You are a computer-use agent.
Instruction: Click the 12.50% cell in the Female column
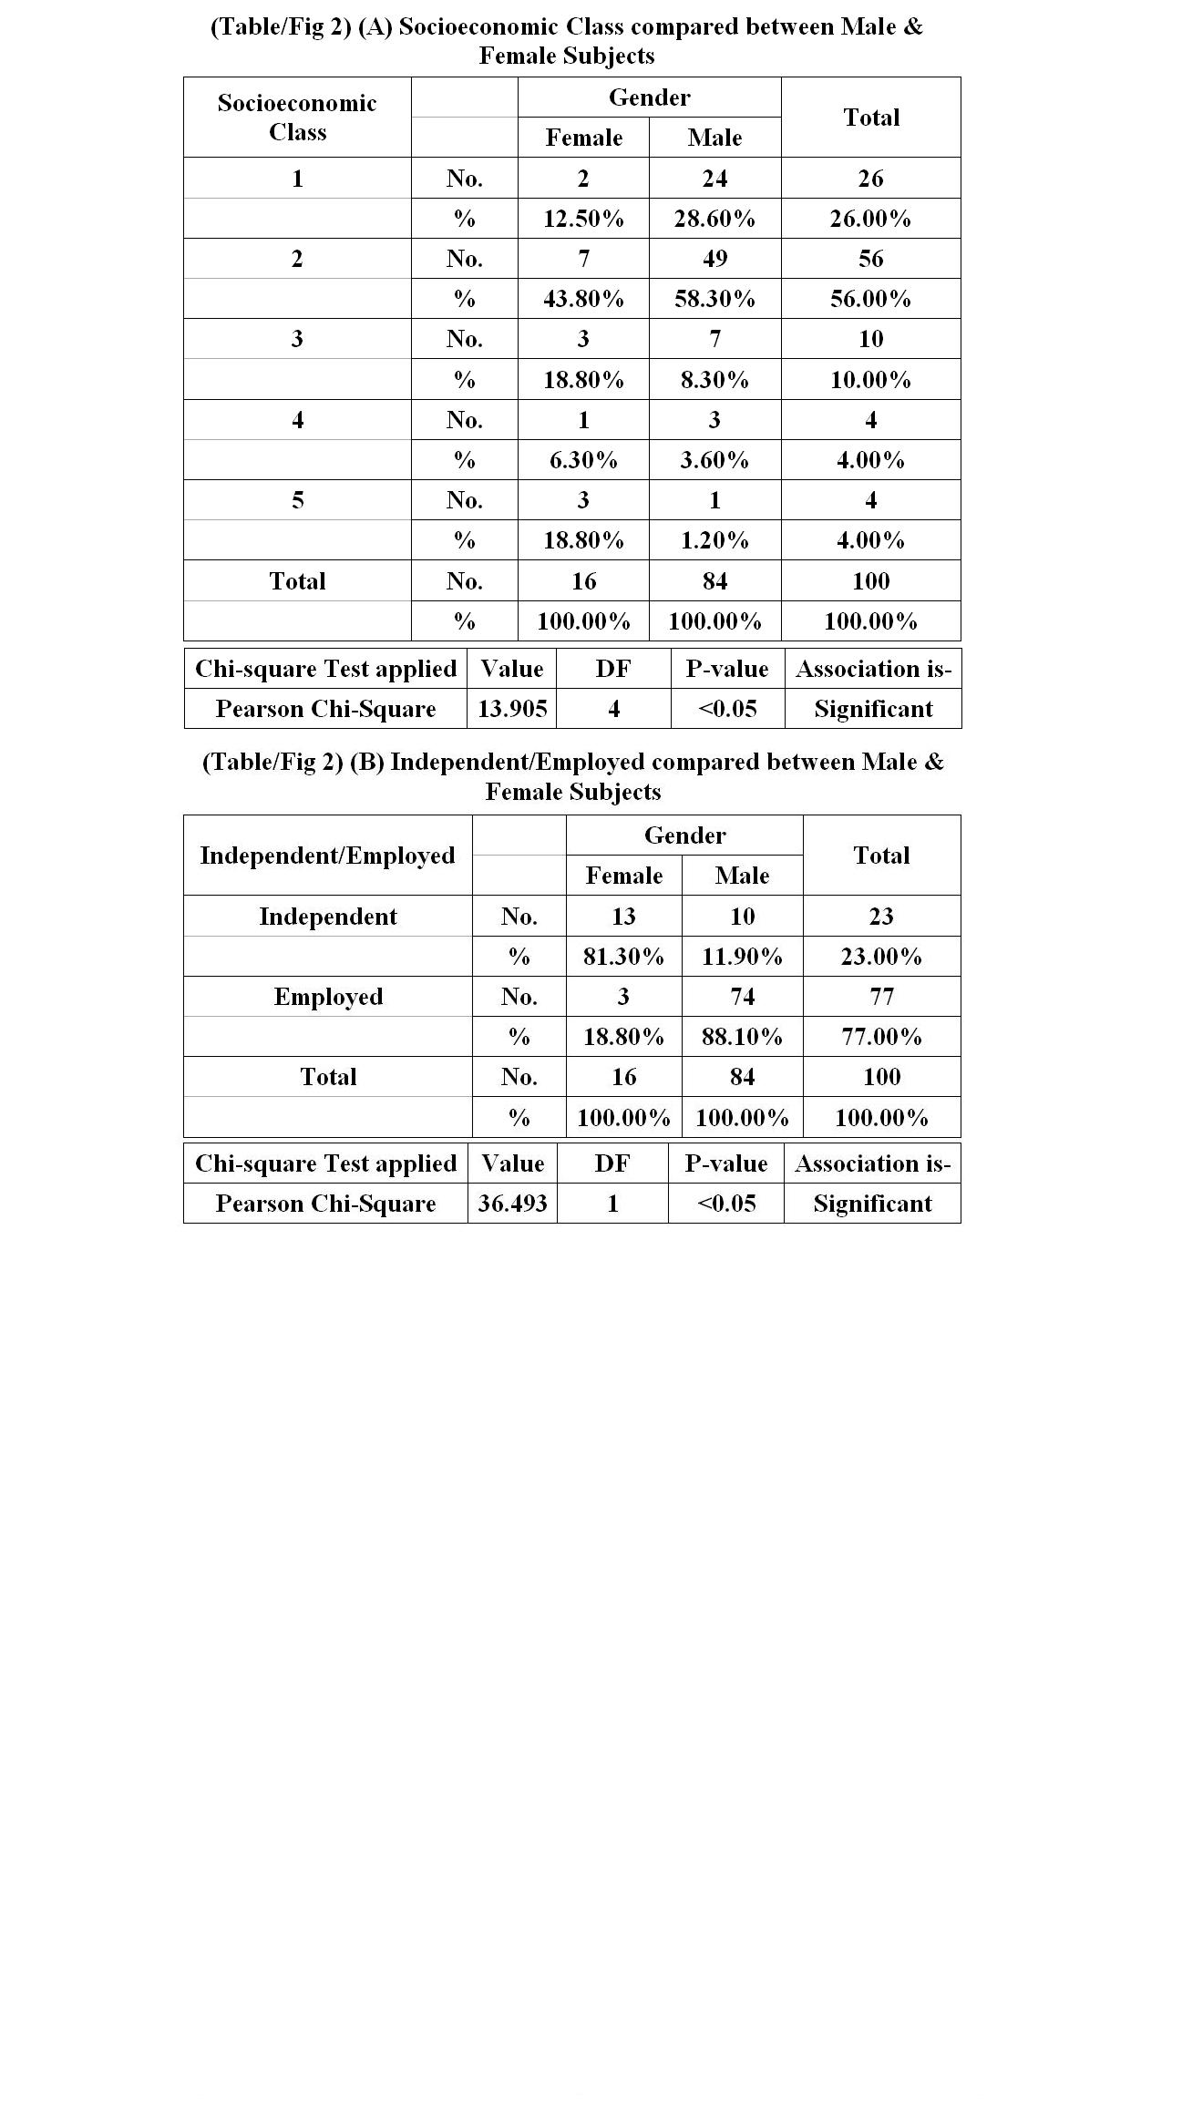tap(583, 219)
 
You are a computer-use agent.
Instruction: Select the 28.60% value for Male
tap(714, 219)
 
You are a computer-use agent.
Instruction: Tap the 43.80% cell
tap(583, 299)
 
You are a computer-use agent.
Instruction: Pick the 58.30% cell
tap(714, 299)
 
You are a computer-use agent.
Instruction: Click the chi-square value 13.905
tap(512, 709)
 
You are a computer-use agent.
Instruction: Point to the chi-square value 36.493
tap(512, 1204)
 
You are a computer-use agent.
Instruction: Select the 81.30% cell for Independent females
tap(623, 957)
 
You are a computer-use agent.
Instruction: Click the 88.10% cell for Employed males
tap(742, 1037)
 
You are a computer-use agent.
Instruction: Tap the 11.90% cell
tap(742, 957)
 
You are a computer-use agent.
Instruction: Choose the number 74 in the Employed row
tap(742, 997)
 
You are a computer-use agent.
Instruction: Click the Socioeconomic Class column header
tap(297, 118)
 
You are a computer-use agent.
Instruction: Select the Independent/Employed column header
tap(327, 856)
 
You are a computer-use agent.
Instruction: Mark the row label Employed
tap(328, 997)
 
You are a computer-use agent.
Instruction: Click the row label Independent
tap(328, 917)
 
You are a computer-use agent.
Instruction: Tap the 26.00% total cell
tap(870, 219)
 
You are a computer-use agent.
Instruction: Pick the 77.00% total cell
tap(881, 1037)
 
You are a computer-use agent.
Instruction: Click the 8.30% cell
tap(714, 380)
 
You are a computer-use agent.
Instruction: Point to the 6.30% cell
tap(583, 460)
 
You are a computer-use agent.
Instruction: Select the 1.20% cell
tap(714, 540)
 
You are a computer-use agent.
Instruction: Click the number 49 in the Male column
tap(714, 259)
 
